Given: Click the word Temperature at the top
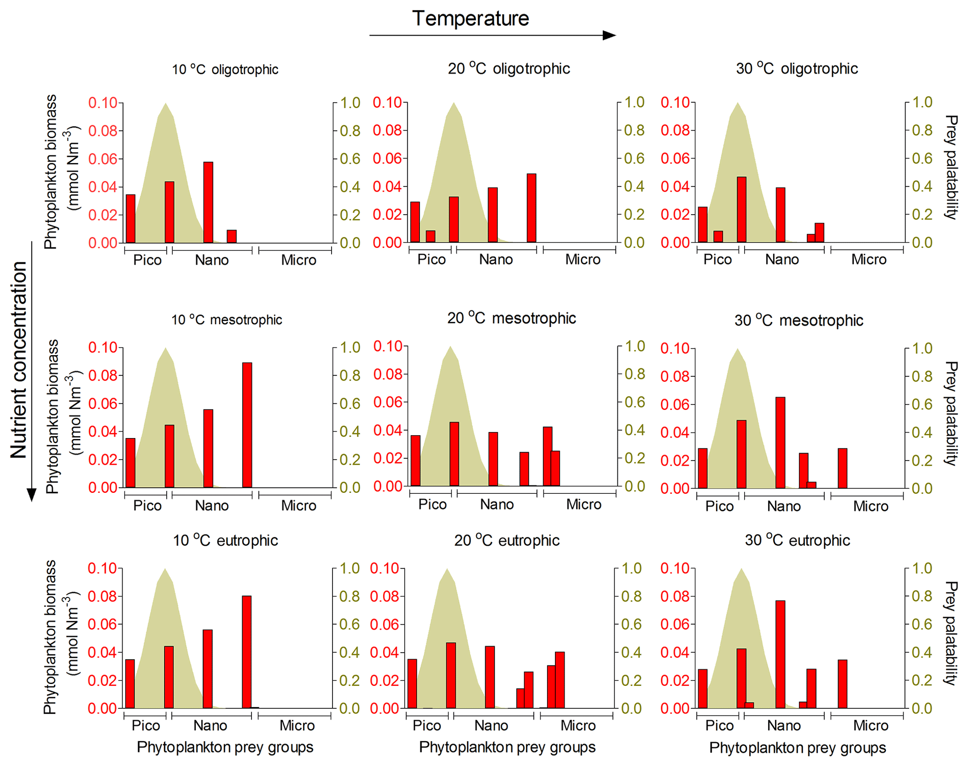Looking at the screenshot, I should pyautogui.click(x=470, y=19).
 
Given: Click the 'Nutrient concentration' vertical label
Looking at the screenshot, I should pyautogui.click(x=19, y=360).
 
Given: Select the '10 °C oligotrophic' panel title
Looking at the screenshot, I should pyautogui.click(x=225, y=70).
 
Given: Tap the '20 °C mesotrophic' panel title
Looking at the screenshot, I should pyautogui.click(x=511, y=319).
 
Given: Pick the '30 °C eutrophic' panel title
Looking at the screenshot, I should pyautogui.click(x=797, y=541).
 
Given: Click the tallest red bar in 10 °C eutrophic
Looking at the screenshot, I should pyautogui.click(x=246, y=652).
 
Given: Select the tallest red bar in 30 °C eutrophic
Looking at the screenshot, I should pyautogui.click(x=780, y=654).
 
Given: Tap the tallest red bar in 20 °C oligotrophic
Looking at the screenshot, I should pyautogui.click(x=531, y=208).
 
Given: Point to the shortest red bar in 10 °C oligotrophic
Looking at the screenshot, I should pyautogui.click(x=231, y=236).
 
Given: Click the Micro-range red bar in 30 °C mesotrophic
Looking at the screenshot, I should pyautogui.click(x=842, y=468).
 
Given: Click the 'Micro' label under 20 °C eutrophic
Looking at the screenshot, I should pyautogui.click(x=578, y=726).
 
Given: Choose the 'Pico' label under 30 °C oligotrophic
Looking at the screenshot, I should pyautogui.click(x=717, y=260).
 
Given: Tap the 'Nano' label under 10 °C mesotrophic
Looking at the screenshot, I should pyautogui.click(x=212, y=506).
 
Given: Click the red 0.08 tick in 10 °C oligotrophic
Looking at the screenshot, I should pyautogui.click(x=103, y=131).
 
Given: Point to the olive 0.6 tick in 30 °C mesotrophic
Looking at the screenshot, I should pyautogui.click(x=922, y=404).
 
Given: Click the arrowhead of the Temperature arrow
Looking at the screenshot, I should pyautogui.click(x=609, y=35).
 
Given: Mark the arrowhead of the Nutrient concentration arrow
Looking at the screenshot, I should pyautogui.click(x=31, y=495).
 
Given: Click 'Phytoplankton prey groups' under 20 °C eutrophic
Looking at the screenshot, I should pyautogui.click(x=507, y=747).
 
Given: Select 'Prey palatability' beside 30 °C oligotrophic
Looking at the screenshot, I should pyautogui.click(x=951, y=167).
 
